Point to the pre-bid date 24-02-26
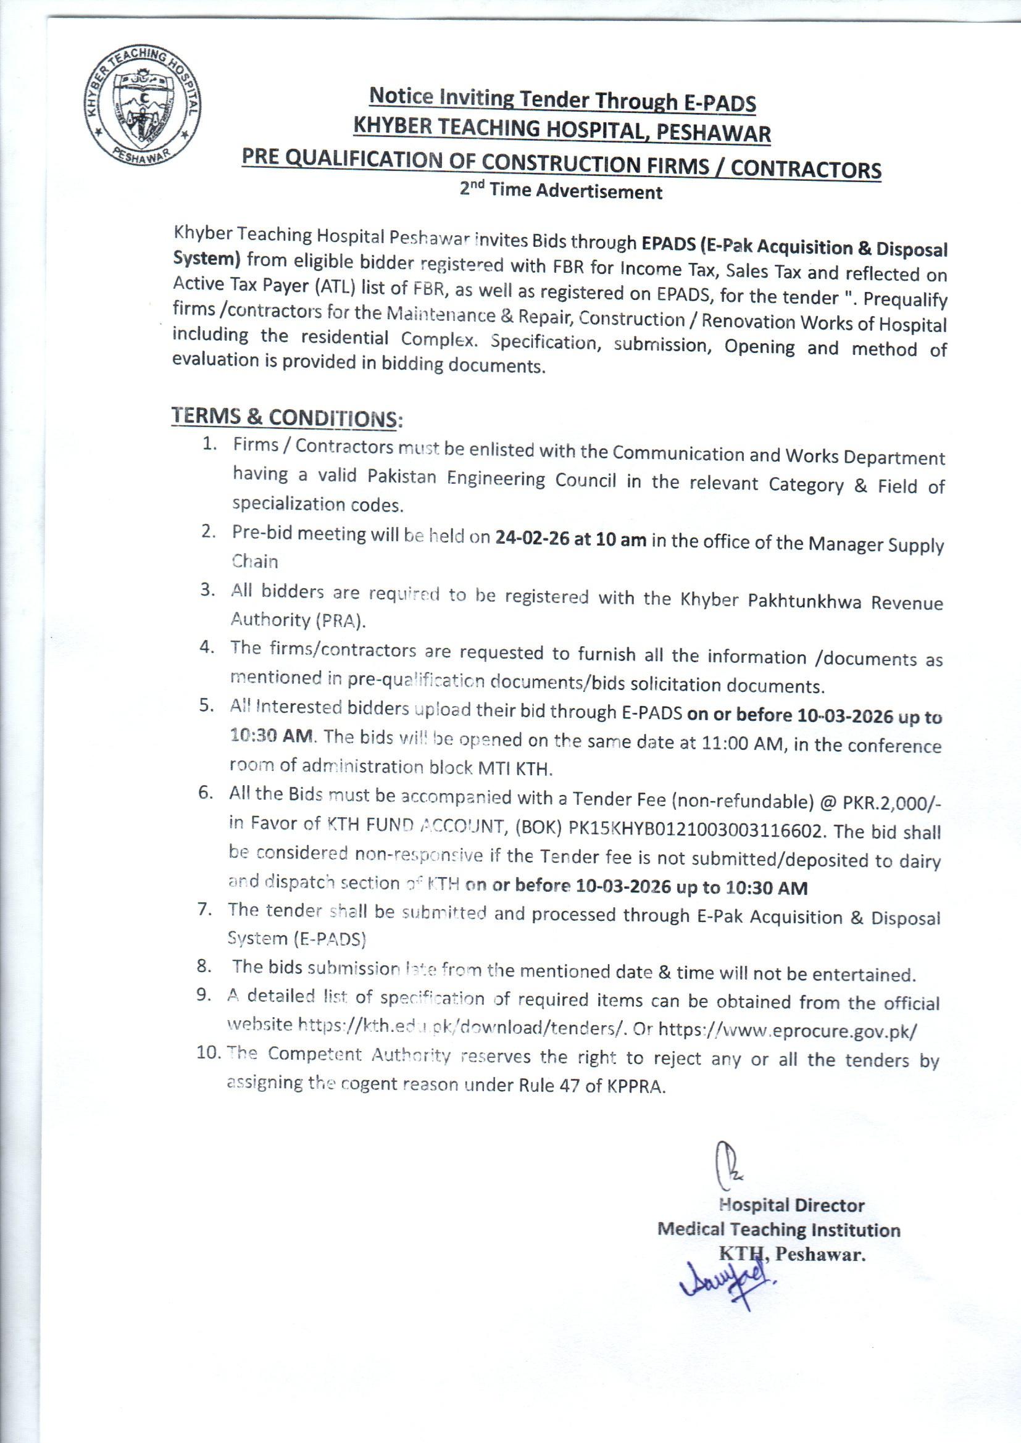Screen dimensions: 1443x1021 click(x=531, y=539)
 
